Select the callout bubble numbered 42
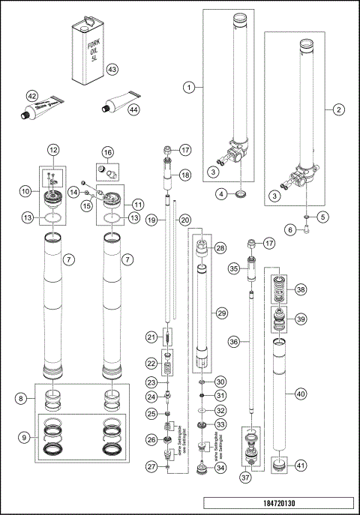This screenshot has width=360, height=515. [x=31, y=96]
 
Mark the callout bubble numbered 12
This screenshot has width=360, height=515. [x=53, y=149]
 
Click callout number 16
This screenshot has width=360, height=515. [x=108, y=152]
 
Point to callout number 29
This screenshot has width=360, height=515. [x=220, y=311]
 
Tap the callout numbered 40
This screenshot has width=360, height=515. [x=300, y=394]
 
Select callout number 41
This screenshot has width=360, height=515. [x=300, y=466]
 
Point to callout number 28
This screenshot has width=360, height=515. [x=220, y=247]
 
